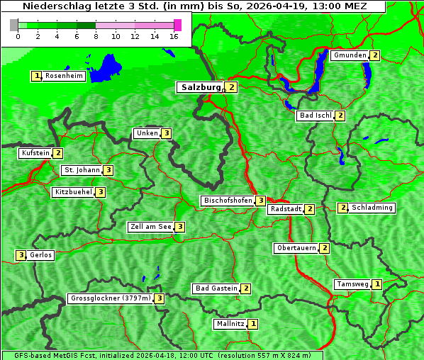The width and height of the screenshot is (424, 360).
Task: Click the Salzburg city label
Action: point(201,87)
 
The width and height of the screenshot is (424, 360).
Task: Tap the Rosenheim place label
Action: point(64,76)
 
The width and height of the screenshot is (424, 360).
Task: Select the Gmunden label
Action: point(350,55)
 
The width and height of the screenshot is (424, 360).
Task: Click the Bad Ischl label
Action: point(315,116)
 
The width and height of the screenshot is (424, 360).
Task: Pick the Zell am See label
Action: point(151,227)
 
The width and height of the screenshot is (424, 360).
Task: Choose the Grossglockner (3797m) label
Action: point(111,298)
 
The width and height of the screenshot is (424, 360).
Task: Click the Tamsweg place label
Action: point(352,284)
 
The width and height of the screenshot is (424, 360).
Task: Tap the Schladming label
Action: point(372,208)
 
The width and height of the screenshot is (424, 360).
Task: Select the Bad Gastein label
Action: point(216,288)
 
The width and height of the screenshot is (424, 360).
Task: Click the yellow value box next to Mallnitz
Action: point(253,324)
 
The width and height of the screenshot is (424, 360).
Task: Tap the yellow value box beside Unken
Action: point(166,133)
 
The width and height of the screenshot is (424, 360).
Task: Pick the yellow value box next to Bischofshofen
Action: point(261,201)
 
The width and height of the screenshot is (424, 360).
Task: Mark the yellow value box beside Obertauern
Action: point(324,248)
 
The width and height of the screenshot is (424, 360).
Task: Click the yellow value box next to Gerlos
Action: point(21,255)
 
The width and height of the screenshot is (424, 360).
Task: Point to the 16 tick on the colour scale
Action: point(173,36)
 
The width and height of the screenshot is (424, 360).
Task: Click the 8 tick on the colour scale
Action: point(96,36)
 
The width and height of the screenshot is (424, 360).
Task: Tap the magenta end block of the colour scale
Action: point(177,25)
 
